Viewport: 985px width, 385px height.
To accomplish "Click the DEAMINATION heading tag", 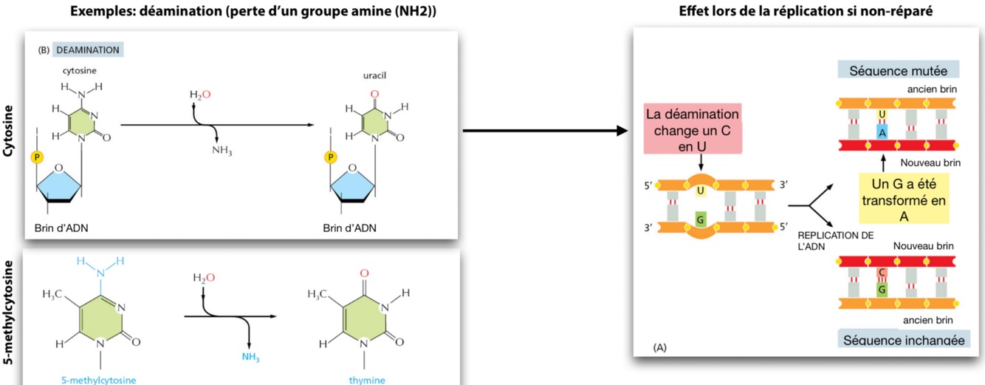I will click(x=87, y=50).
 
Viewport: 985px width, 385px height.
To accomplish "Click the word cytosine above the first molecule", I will click(x=79, y=71).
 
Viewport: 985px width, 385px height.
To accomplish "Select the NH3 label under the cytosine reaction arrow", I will click(x=222, y=151).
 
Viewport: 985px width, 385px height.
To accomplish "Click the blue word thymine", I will click(x=366, y=380).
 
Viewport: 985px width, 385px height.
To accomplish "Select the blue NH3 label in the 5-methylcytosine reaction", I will click(x=251, y=357).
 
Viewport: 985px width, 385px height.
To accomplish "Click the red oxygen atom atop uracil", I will click(x=374, y=94).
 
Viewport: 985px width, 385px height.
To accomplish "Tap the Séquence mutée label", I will click(x=898, y=71).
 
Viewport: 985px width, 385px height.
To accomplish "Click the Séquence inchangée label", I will click(x=903, y=340).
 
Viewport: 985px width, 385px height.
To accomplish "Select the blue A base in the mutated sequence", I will click(x=882, y=132).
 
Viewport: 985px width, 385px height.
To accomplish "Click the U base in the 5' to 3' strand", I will click(x=700, y=191).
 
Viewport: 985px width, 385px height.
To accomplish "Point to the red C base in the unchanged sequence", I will click(x=882, y=273).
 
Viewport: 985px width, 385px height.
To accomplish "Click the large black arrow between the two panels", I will click(x=545, y=132).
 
